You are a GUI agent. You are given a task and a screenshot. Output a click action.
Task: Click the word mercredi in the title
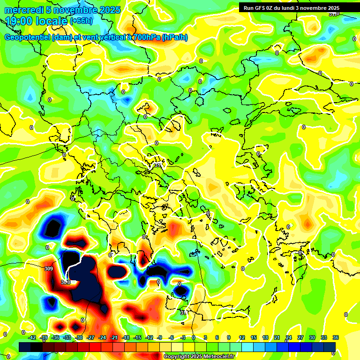pyautogui.click(x=24, y=10)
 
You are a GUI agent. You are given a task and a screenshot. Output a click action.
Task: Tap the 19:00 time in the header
pyautogui.click(x=21, y=21)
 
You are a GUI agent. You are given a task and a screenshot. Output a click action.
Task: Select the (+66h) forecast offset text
pyautogui.click(x=81, y=21)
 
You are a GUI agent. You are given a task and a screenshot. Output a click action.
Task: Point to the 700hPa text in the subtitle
pyautogui.click(x=146, y=37)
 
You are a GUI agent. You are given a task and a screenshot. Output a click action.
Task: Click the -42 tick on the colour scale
pyautogui.click(x=32, y=337)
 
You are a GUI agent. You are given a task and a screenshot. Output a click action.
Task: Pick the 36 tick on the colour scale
pyautogui.click(x=336, y=337)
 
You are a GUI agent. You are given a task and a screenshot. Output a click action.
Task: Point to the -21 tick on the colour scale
pyautogui.click(x=114, y=337)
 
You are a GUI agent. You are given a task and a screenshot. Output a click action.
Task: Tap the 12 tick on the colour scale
pyautogui.click(x=242, y=337)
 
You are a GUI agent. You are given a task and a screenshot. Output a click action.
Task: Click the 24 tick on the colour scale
pyautogui.click(x=289, y=337)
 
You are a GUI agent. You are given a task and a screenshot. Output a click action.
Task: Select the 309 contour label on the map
pyautogui.click(x=48, y=269)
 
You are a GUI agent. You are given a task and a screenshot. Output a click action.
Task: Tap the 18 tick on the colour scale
pyautogui.click(x=265, y=337)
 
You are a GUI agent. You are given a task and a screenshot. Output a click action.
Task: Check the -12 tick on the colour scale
pyautogui.click(x=149, y=337)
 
